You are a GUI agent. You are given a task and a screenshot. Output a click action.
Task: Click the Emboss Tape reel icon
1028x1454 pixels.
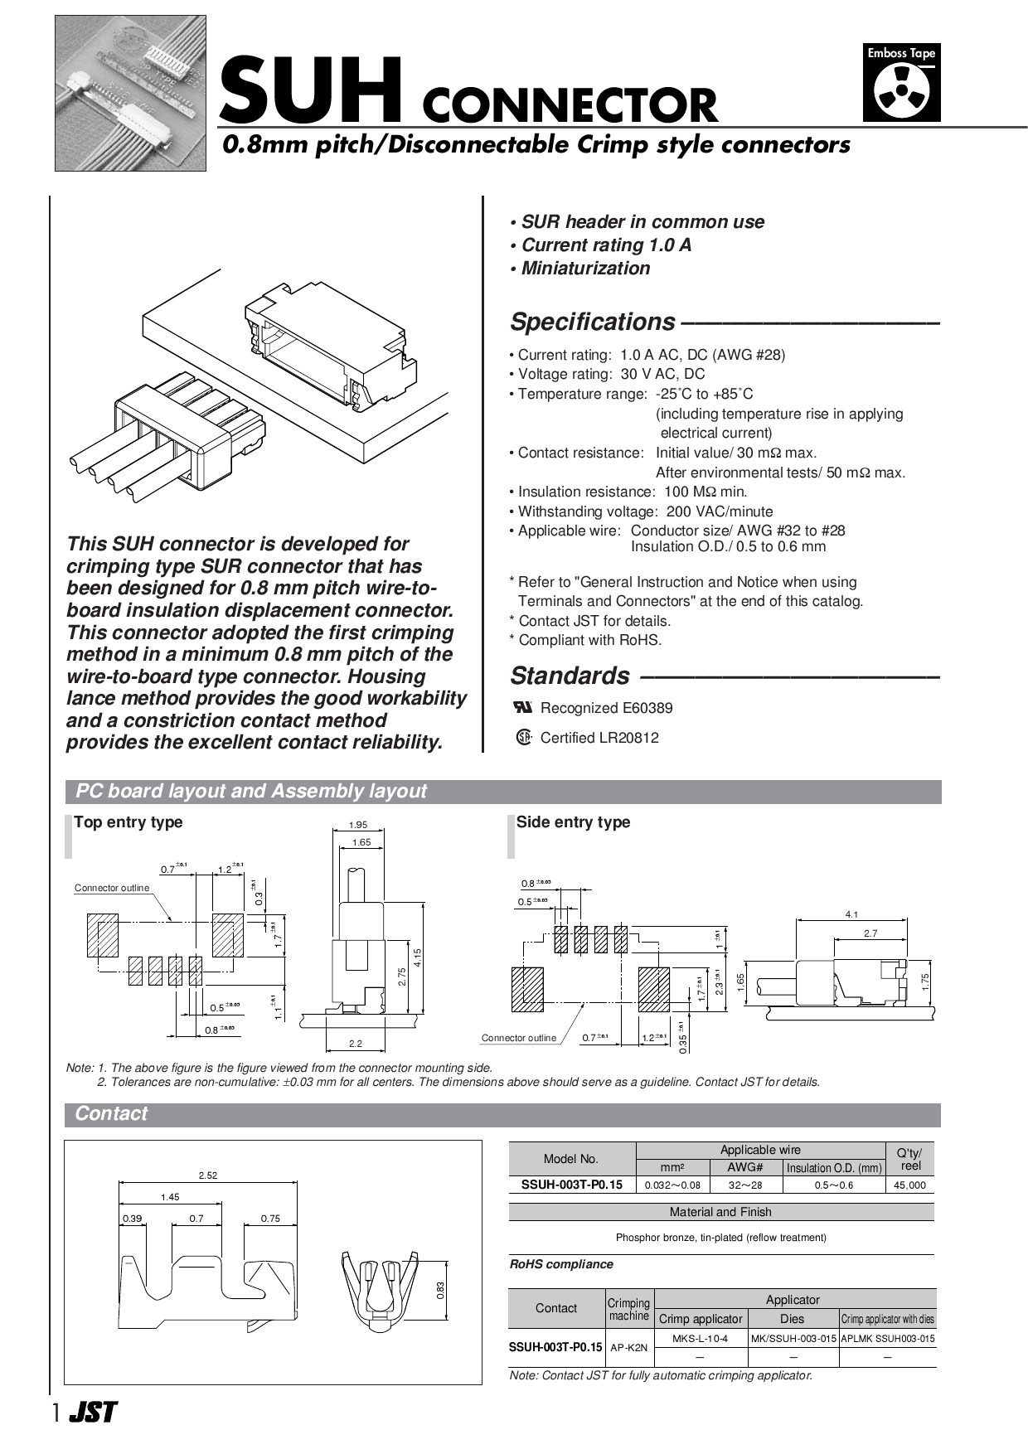pyautogui.click(x=901, y=91)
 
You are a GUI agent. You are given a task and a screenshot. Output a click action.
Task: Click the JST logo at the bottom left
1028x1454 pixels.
pyautogui.click(x=93, y=1413)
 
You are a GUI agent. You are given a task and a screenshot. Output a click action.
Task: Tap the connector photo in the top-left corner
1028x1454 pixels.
pyautogui.click(x=130, y=93)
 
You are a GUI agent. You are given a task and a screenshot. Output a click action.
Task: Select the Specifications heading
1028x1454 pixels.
pyautogui.click(x=593, y=322)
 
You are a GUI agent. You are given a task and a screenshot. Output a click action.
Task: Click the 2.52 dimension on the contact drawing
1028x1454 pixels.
pyautogui.click(x=207, y=1175)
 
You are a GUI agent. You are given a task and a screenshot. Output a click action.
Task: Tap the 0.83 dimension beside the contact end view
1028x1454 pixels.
pyautogui.click(x=440, y=1290)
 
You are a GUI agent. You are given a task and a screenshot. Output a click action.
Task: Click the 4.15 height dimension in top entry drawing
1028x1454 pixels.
pyautogui.click(x=418, y=957)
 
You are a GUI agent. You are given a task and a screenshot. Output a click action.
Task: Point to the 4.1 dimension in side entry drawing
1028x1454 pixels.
pyautogui.click(x=851, y=914)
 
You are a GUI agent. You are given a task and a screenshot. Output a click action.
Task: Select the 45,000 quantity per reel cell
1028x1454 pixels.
pyautogui.click(x=909, y=1185)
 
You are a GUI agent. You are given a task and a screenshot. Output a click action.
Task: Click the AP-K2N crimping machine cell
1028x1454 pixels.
pyautogui.click(x=628, y=1348)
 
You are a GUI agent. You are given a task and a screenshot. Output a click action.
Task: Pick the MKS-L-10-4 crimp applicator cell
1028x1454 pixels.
pyautogui.click(x=700, y=1339)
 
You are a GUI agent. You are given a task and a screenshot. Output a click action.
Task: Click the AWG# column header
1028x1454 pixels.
pyautogui.click(x=744, y=1167)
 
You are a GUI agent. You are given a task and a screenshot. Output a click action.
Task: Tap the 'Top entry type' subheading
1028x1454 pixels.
pyautogui.click(x=128, y=822)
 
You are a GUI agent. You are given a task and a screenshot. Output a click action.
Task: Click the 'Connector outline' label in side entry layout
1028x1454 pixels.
pyautogui.click(x=519, y=1038)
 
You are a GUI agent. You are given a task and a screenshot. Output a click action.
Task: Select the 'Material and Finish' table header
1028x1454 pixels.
pyautogui.click(x=720, y=1212)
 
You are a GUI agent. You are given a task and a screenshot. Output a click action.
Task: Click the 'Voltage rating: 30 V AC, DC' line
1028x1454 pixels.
pyautogui.click(x=607, y=375)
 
